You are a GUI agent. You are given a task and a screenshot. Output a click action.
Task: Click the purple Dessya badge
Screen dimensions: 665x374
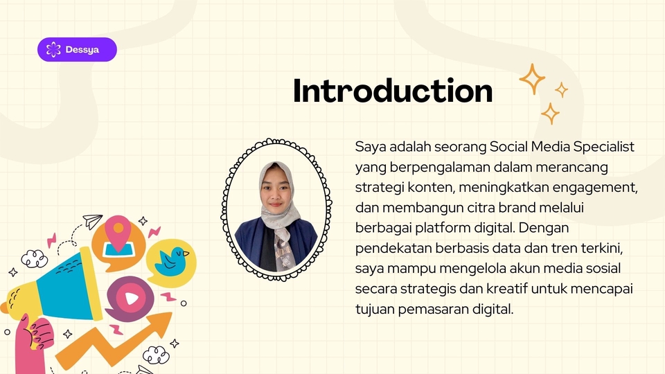pyautogui.click(x=77, y=50)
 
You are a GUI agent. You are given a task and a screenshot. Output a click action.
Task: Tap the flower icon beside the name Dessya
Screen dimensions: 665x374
pyautogui.click(x=53, y=50)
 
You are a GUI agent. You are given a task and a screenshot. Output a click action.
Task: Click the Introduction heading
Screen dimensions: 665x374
pyautogui.click(x=393, y=90)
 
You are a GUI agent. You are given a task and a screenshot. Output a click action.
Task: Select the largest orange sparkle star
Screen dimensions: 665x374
pyautogui.click(x=532, y=78)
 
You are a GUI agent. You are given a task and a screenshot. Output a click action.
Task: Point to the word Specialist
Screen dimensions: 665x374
pyautogui.click(x=604, y=147)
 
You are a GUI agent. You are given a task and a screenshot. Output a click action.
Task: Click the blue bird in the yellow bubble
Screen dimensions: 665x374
pyautogui.click(x=172, y=261)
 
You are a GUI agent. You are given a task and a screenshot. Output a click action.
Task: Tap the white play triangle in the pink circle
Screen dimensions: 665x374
pyautogui.click(x=132, y=299)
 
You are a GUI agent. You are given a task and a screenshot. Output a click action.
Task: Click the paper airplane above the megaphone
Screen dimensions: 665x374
pyautogui.click(x=92, y=221)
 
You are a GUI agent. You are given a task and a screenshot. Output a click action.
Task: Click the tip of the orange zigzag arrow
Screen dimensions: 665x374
pyautogui.click(x=172, y=313)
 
